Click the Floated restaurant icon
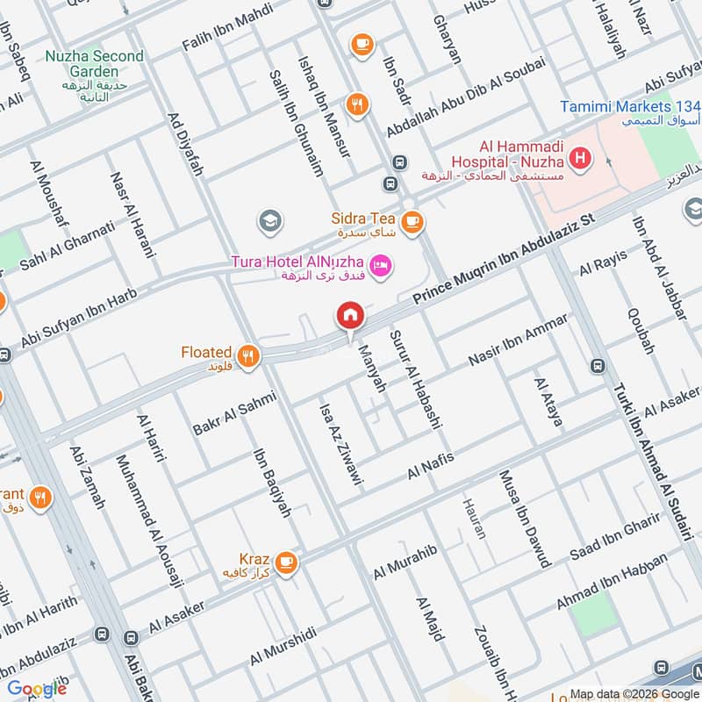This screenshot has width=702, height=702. point(249,355)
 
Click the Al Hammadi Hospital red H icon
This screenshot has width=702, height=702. point(579,160)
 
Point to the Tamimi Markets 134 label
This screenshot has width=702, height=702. point(630,107)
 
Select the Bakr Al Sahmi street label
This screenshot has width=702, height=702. point(233,414)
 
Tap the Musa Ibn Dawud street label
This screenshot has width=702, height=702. point(524,518)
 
